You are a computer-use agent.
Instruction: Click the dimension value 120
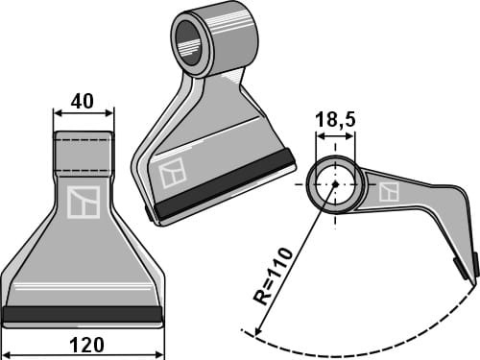pos(83,345)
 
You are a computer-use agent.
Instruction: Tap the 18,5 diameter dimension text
pos(335,122)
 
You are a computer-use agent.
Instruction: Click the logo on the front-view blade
pos(84,202)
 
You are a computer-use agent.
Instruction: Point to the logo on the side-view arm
pos(389,191)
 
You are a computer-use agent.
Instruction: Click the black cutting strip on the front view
pos(83,314)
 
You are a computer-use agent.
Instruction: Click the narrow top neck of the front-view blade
pos(83,154)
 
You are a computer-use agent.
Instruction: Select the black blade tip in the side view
pos(472,266)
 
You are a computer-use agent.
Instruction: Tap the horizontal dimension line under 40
pos(83,113)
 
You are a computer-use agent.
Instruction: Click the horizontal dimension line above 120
pos(83,329)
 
